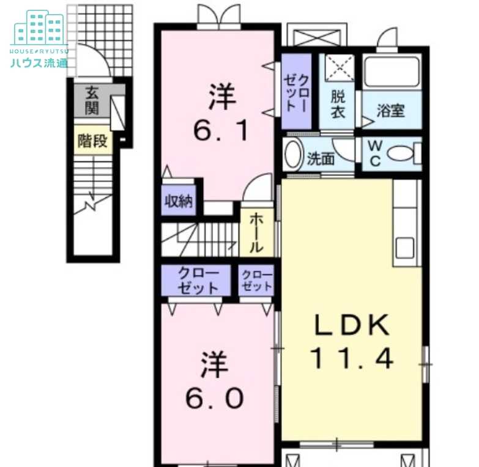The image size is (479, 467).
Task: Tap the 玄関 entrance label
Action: click(x=92, y=100)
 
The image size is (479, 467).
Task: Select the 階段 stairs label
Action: click(x=92, y=141)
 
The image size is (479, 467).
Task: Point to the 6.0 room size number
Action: click(x=215, y=399)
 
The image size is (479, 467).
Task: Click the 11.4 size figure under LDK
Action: click(x=352, y=359)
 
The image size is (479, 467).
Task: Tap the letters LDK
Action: click(x=352, y=325)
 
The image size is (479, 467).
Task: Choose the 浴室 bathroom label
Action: click(x=391, y=111)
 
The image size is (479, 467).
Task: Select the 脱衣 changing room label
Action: click(x=338, y=104)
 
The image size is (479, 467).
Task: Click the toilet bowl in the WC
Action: click(x=401, y=153)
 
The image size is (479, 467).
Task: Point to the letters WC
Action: click(x=375, y=154)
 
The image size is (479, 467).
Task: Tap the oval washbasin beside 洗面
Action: click(x=294, y=154)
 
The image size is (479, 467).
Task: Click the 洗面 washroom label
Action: click(x=321, y=159)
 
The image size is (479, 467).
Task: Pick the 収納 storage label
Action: click(x=179, y=201)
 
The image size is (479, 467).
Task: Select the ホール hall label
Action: click(x=256, y=233)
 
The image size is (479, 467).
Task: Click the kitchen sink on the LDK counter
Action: click(x=405, y=248)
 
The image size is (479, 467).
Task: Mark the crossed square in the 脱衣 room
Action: click(x=340, y=68)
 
